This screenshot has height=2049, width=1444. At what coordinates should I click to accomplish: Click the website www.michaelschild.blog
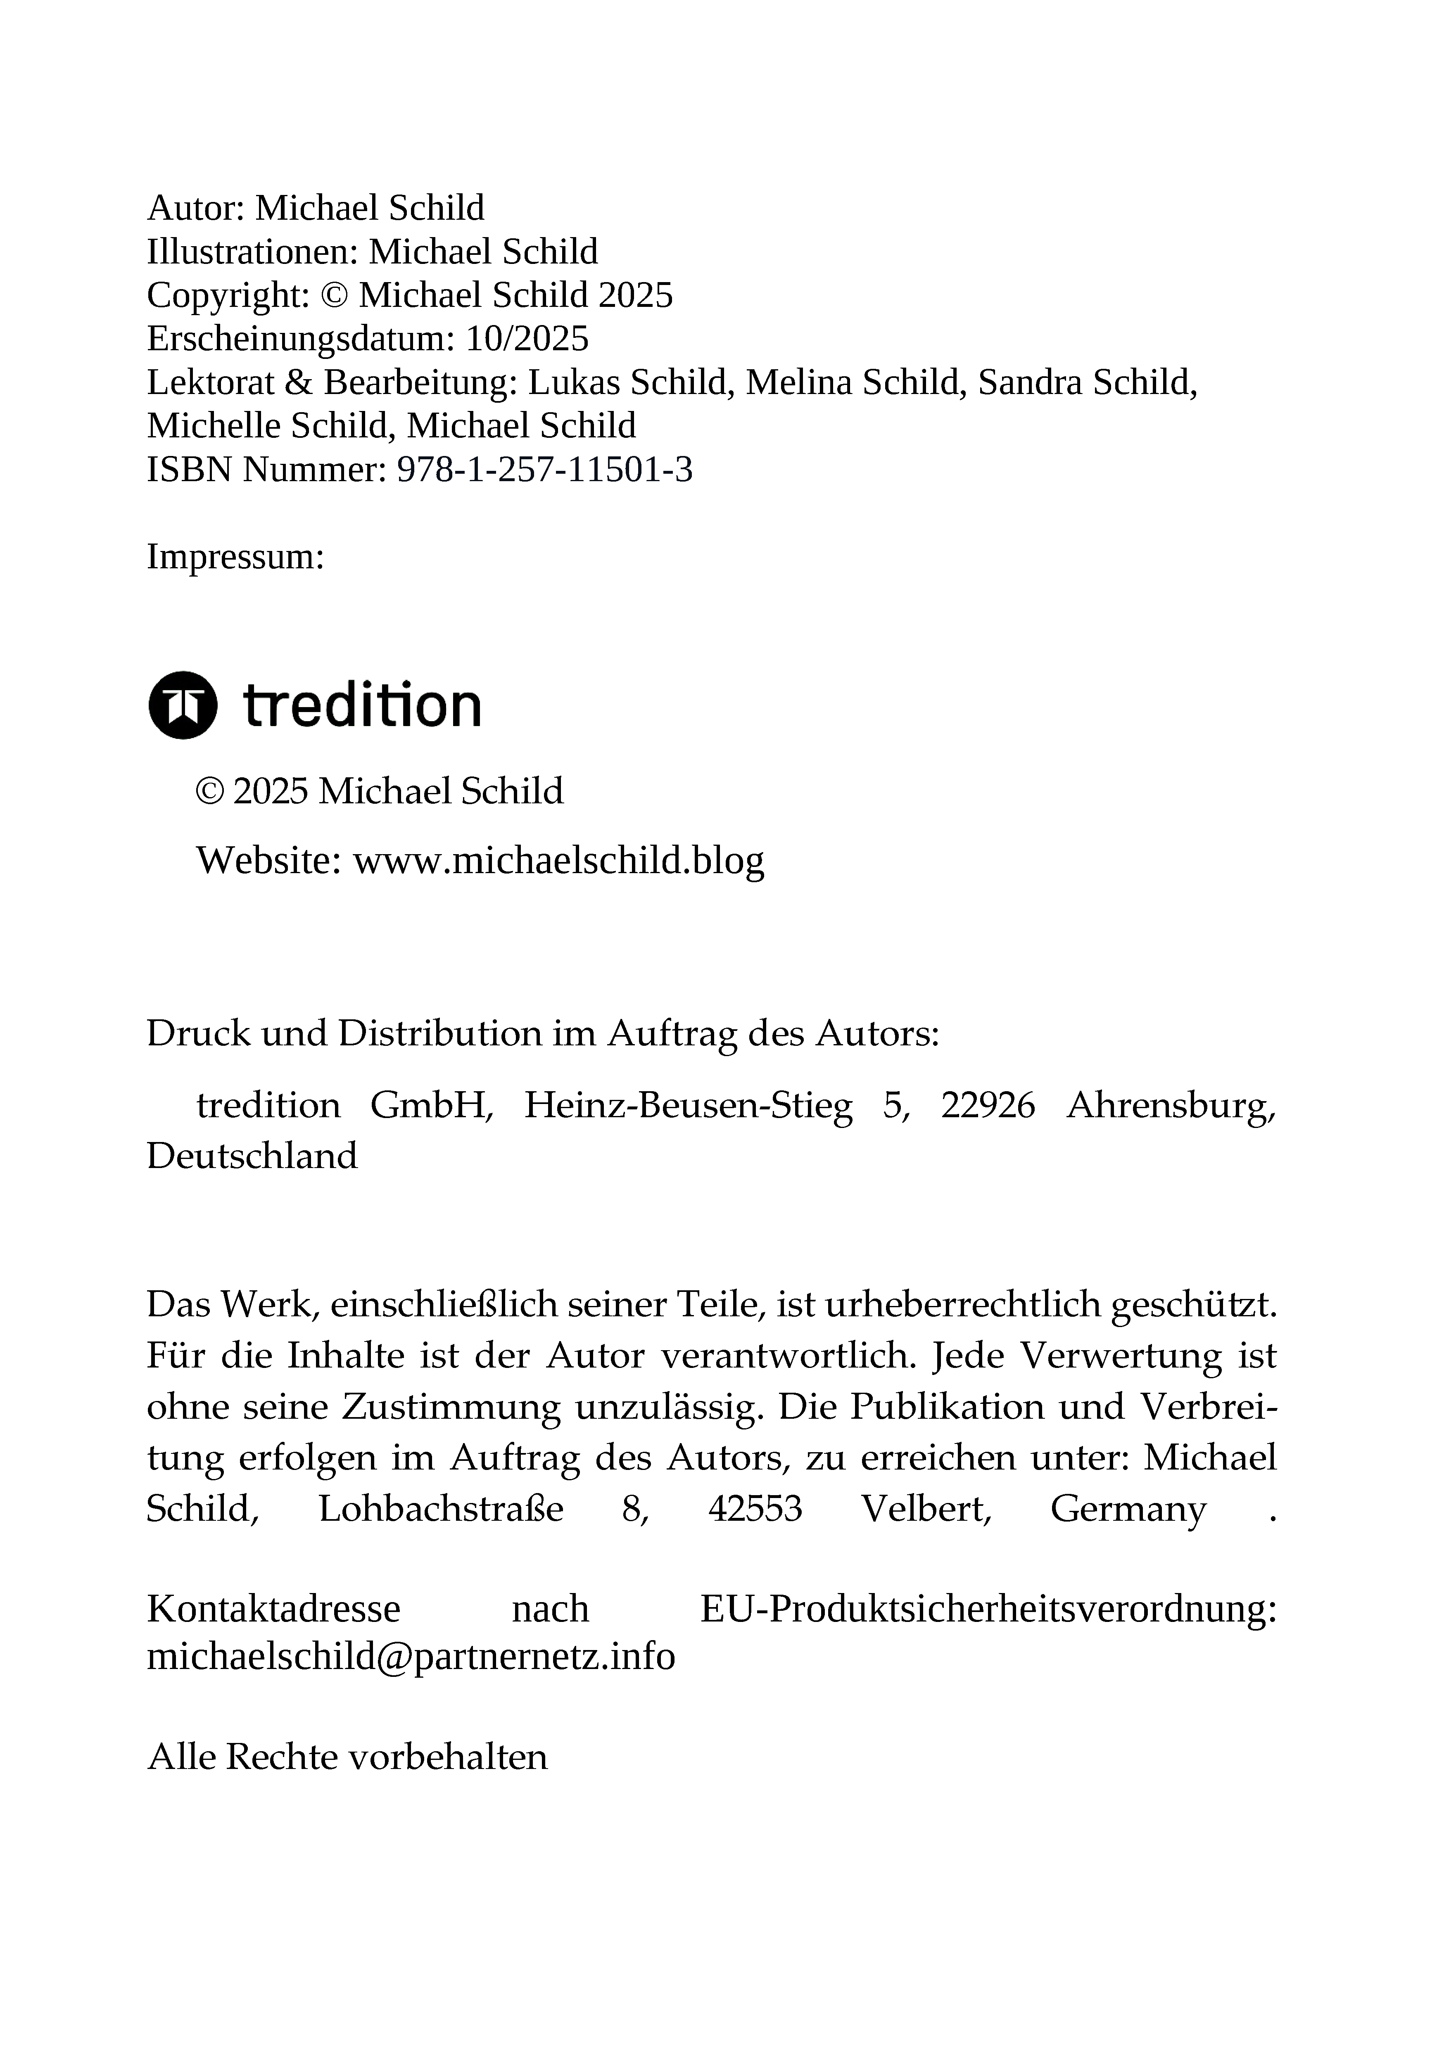[559, 860]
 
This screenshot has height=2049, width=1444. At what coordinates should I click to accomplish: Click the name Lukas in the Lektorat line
[575, 383]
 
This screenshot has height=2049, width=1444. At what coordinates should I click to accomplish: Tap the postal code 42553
[755, 1509]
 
